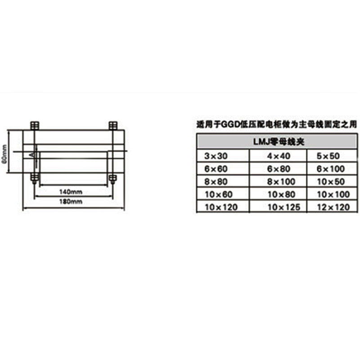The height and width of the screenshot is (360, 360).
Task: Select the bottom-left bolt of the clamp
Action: (x=34, y=178)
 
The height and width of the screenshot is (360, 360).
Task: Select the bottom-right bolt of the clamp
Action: (x=113, y=178)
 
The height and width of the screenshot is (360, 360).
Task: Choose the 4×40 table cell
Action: (x=279, y=156)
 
